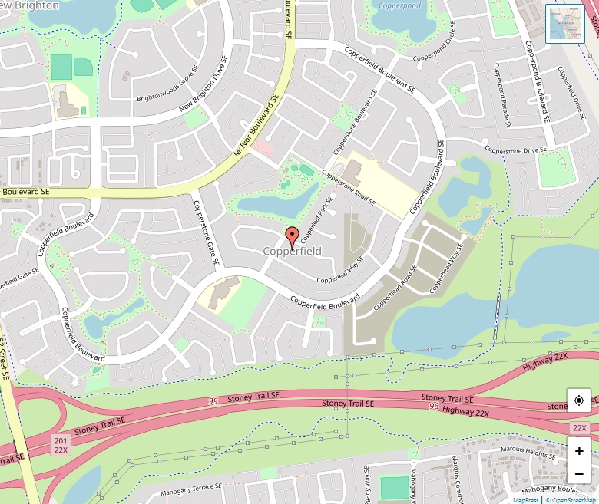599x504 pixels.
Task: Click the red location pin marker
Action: coord(292,235)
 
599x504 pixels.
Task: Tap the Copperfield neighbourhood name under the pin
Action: coord(292,252)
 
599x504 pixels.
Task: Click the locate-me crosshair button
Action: coord(578,400)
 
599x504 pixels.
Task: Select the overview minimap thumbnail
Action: coord(564,23)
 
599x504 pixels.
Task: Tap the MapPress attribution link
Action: coord(526,500)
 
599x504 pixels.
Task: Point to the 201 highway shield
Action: coord(61,440)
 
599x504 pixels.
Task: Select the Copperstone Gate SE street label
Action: coord(206,232)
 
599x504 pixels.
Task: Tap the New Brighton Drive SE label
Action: coord(204,84)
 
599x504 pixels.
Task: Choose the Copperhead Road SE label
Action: coord(395,288)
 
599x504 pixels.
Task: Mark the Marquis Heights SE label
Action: coord(528,453)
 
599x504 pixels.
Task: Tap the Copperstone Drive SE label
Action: coord(515,150)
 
